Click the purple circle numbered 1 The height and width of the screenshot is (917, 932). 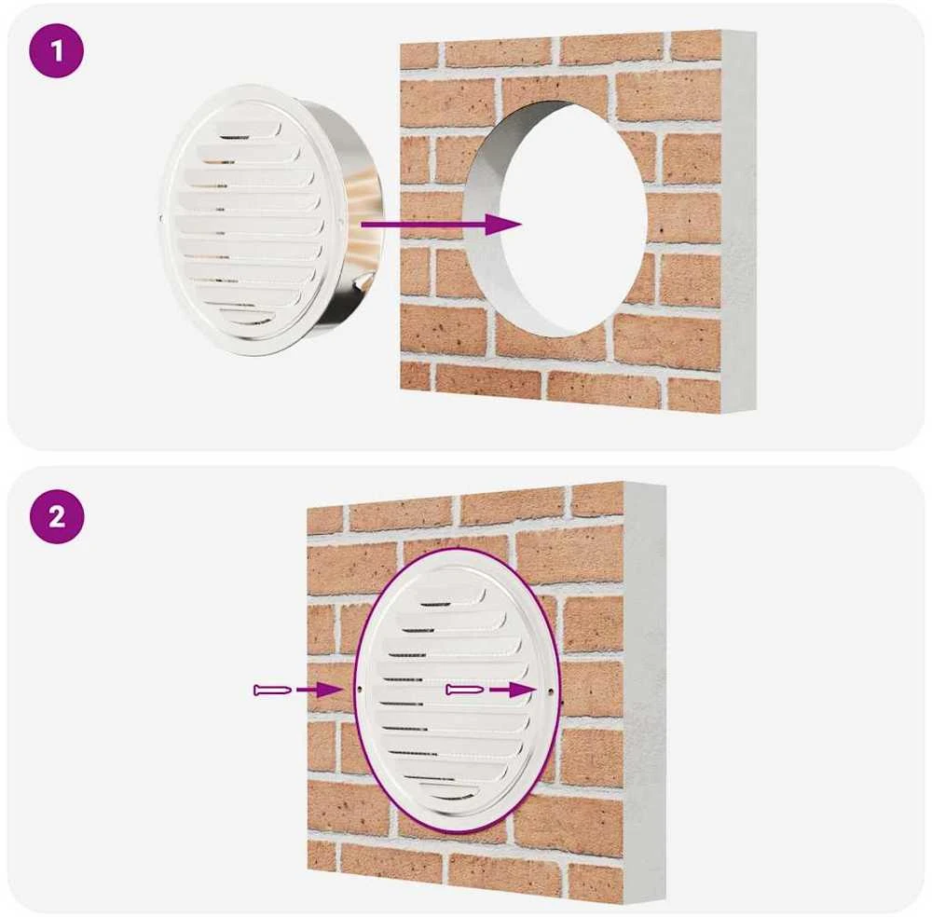point(57,50)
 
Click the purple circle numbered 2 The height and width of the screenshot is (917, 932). point(57,516)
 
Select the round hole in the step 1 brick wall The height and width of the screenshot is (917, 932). point(555,217)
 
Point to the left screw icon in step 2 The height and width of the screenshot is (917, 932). point(272,690)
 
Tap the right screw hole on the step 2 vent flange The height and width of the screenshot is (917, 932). point(550,691)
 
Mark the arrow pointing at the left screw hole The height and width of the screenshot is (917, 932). point(319,690)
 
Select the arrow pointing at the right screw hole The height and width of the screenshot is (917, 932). point(512,690)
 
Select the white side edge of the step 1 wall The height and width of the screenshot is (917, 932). point(739,220)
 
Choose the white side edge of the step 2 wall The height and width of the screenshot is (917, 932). point(645,692)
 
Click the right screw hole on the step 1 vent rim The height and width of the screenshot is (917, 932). point(339,223)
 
